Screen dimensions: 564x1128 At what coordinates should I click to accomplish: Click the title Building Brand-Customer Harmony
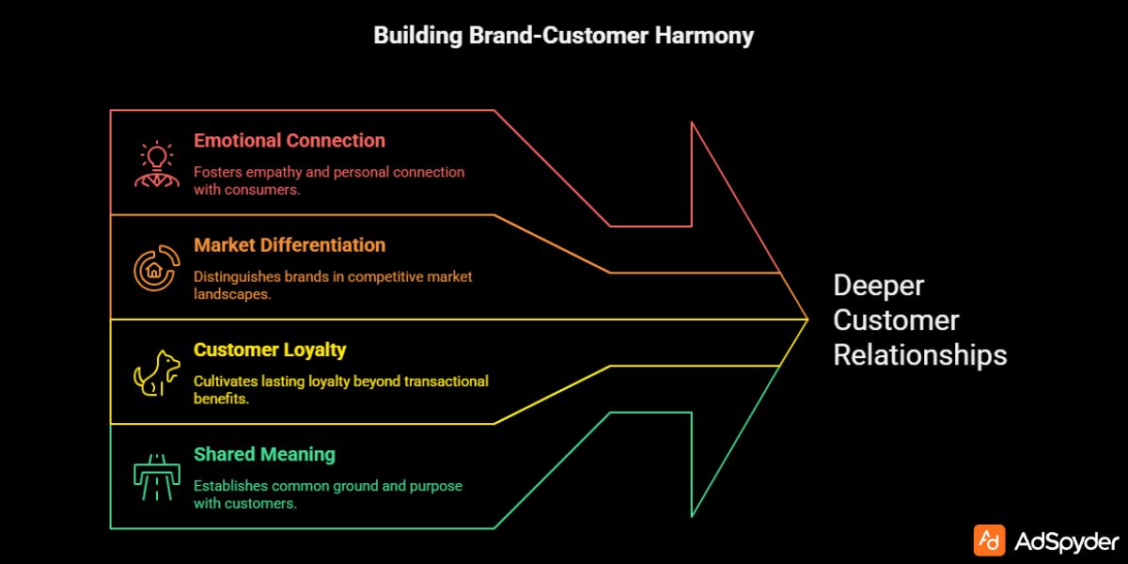tap(563, 36)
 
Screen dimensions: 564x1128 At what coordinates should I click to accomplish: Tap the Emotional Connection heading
tap(290, 141)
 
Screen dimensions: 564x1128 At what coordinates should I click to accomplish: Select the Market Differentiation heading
tap(290, 245)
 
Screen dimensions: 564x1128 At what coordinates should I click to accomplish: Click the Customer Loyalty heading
tap(270, 350)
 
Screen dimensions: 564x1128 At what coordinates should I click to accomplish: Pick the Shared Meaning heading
tap(264, 455)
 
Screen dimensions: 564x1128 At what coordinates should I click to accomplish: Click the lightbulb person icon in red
tap(155, 164)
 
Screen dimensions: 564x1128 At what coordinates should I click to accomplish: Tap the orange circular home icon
tap(155, 269)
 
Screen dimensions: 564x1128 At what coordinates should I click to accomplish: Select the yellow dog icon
tap(155, 373)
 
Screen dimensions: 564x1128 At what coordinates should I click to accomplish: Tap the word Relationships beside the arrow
tap(919, 355)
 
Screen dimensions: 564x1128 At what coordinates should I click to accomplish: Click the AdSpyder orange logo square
tap(989, 540)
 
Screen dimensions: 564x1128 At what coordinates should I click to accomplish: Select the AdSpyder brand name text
tap(1068, 541)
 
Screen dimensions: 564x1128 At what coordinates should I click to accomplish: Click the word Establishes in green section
tap(231, 486)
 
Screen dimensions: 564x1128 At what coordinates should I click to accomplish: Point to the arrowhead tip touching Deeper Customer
tap(807, 320)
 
